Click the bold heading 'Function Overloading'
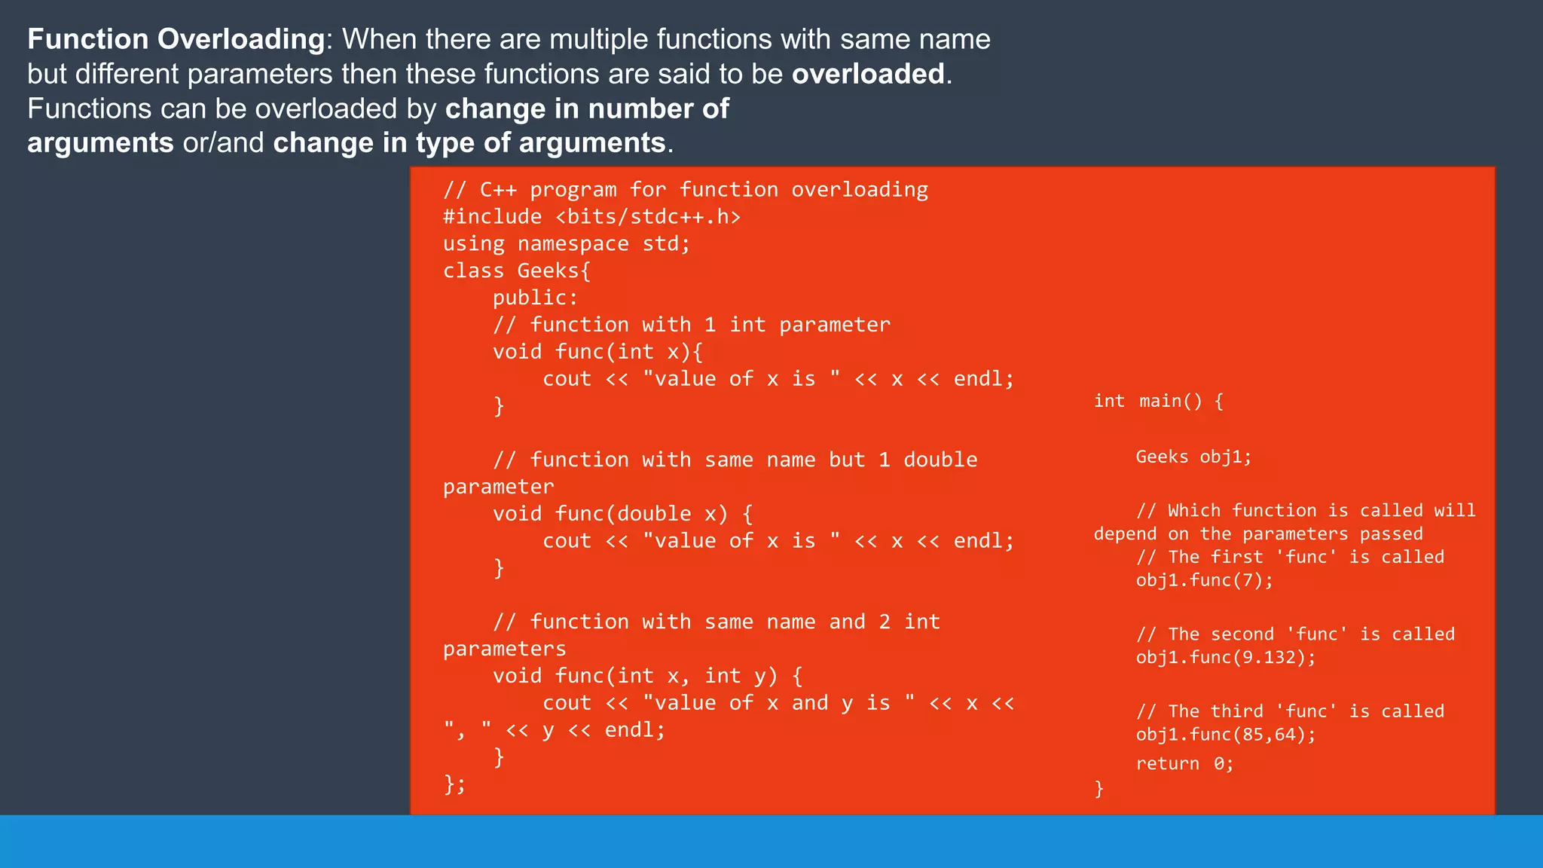(176, 39)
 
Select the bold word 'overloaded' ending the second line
(868, 74)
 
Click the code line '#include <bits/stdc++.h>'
(591, 217)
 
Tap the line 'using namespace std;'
(566, 244)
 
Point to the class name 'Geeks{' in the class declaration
(554, 271)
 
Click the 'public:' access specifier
(535, 298)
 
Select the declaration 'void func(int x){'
(597, 352)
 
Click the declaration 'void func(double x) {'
(622, 514)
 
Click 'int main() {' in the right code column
(1158, 401)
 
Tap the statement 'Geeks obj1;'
(1193, 457)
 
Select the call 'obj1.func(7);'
(1204, 580)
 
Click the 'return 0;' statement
(1184, 763)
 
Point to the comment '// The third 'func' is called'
(1290, 711)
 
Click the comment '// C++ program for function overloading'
(686, 190)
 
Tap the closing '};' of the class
(454, 784)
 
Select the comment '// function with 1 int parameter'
(691, 325)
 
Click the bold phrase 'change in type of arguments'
(469, 143)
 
